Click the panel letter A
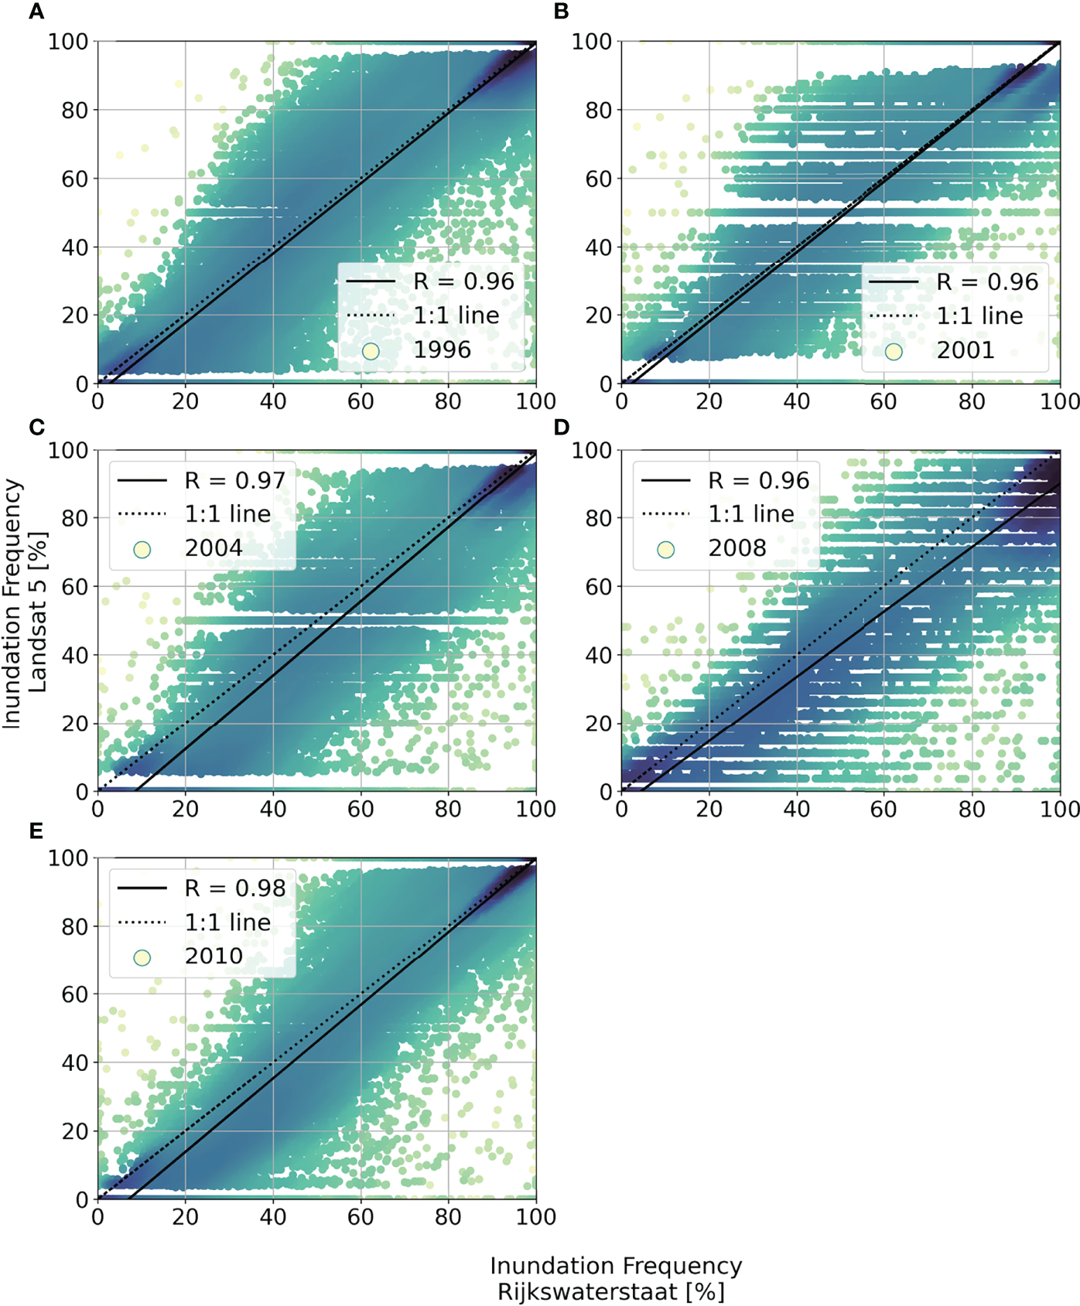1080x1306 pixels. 36,12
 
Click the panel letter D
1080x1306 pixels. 562,428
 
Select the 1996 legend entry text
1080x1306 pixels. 442,350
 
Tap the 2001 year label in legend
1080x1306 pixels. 965,350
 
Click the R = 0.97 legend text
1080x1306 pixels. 235,481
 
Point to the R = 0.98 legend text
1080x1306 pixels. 235,888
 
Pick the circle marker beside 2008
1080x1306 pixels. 665,550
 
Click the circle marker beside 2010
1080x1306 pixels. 142,957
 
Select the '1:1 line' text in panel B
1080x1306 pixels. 979,315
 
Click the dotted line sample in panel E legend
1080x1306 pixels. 142,922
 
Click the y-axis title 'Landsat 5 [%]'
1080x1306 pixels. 37,611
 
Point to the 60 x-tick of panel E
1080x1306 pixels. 361,1217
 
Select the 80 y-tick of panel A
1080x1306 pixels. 75,111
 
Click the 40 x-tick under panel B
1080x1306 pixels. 797,401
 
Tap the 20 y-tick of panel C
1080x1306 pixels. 75,724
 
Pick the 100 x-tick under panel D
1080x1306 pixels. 1059,810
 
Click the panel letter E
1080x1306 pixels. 36,831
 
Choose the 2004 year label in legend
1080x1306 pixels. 214,548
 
